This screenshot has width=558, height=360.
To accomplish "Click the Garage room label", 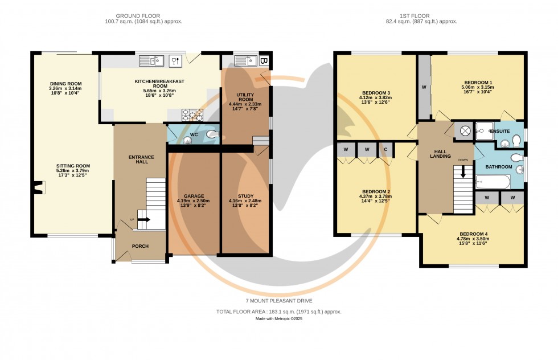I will click(193, 195).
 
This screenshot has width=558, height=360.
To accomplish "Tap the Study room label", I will click(246, 195).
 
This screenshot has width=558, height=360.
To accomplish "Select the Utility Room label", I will click(245, 96).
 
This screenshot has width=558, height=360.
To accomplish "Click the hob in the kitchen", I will click(192, 116).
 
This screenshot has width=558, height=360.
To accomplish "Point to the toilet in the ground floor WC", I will click(211, 134).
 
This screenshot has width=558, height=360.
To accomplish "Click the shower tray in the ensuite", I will click(486, 130).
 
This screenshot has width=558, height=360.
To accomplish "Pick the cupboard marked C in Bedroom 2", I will click(385, 150).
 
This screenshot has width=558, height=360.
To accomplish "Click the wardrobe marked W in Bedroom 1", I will click(424, 87).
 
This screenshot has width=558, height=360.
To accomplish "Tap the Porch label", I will click(140, 247).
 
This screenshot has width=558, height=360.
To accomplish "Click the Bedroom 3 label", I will click(376, 93).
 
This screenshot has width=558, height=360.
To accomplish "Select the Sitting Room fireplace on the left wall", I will click(38, 188).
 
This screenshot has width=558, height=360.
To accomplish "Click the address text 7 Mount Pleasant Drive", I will click(278, 301).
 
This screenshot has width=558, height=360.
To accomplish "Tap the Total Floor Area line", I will click(278, 312).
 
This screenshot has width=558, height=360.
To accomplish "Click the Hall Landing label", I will click(440, 153).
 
